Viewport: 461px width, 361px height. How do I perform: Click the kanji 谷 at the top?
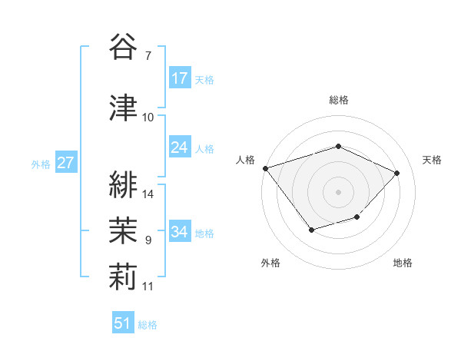pos(123,47)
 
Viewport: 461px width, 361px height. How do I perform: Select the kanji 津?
pos(123,108)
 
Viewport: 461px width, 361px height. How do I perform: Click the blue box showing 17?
pos(180,78)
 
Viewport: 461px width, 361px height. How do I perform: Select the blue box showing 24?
pos(180,147)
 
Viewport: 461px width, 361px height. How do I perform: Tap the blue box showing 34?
pos(180,232)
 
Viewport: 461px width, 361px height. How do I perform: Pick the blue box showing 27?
pos(65,163)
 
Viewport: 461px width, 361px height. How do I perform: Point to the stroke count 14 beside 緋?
pos(149,194)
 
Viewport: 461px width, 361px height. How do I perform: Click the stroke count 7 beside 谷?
pos(148,55)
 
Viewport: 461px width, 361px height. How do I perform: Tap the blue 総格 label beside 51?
pos(148,325)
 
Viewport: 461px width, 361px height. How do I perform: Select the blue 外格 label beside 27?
pos(41,164)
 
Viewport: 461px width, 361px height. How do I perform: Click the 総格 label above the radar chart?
pos(339,100)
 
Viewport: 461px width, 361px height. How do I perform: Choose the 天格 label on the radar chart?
pos(433,160)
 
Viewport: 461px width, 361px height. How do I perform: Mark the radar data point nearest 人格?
pos(265,168)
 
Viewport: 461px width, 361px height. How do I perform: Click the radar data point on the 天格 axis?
pos(396,173)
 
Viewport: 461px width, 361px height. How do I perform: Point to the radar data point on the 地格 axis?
pos(357,217)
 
